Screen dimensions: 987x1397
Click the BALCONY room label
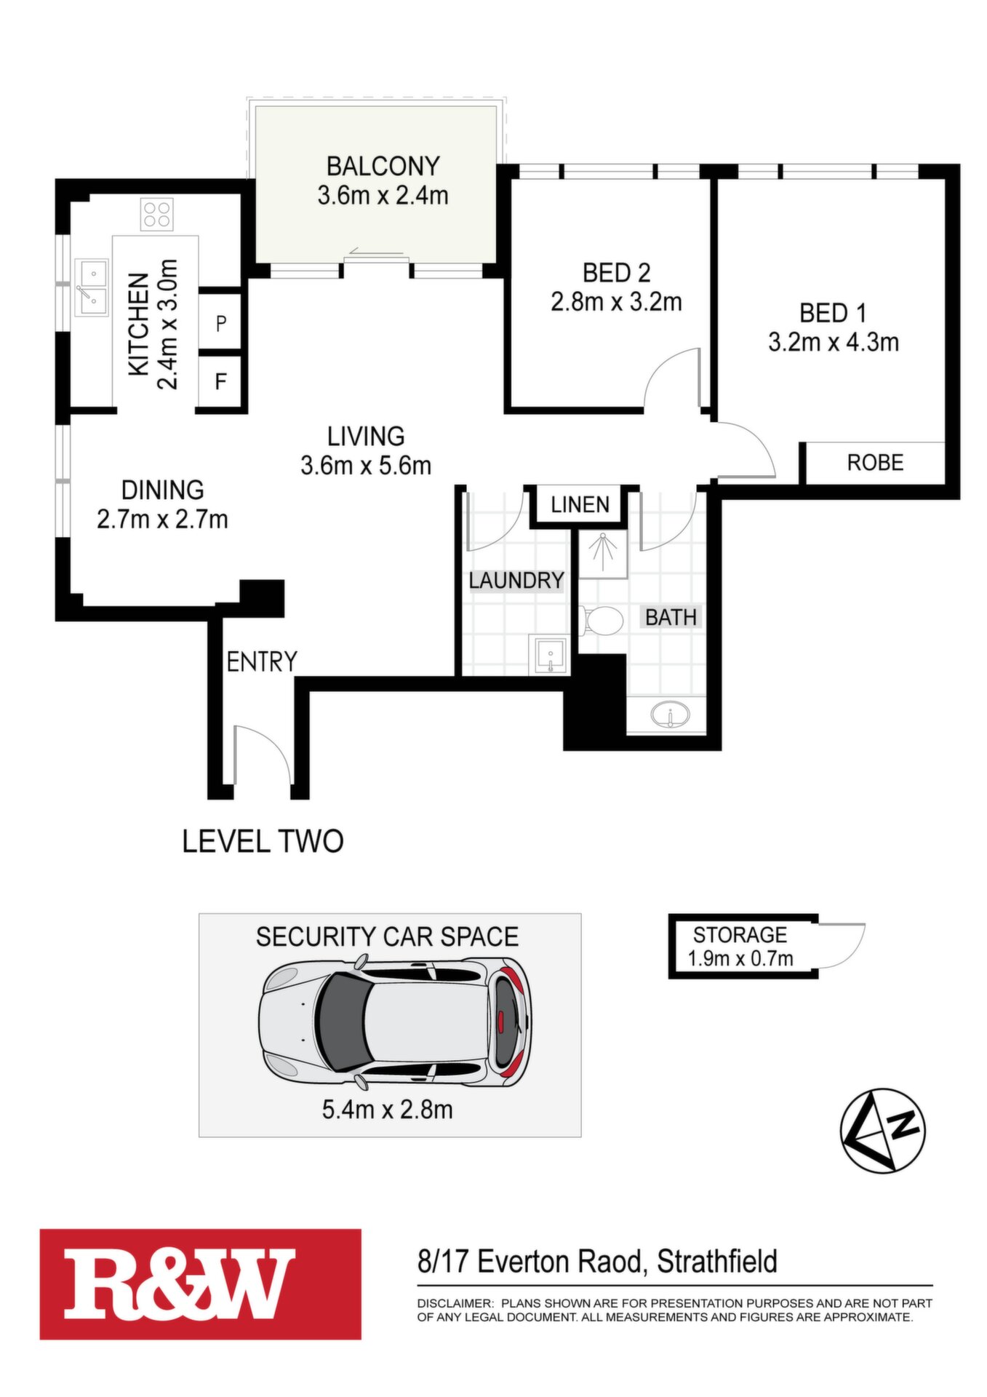(383, 166)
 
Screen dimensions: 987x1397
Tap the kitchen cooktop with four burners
(157, 214)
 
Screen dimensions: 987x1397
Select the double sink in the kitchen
(92, 288)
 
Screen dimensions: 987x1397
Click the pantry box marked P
(220, 322)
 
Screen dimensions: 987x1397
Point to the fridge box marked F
(220, 381)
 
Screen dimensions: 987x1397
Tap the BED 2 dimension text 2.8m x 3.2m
(616, 301)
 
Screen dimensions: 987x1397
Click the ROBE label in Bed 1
(875, 463)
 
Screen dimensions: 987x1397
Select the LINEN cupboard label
(580, 504)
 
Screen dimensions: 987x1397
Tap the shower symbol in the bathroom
(603, 553)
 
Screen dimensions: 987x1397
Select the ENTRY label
(262, 661)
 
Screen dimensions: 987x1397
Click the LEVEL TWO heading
(263, 841)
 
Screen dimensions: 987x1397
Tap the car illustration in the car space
(395, 1023)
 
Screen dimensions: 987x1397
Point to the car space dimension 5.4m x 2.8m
(387, 1110)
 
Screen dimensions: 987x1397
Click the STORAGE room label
(740, 935)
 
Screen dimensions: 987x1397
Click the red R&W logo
(201, 1284)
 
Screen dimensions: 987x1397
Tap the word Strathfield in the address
(717, 1262)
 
